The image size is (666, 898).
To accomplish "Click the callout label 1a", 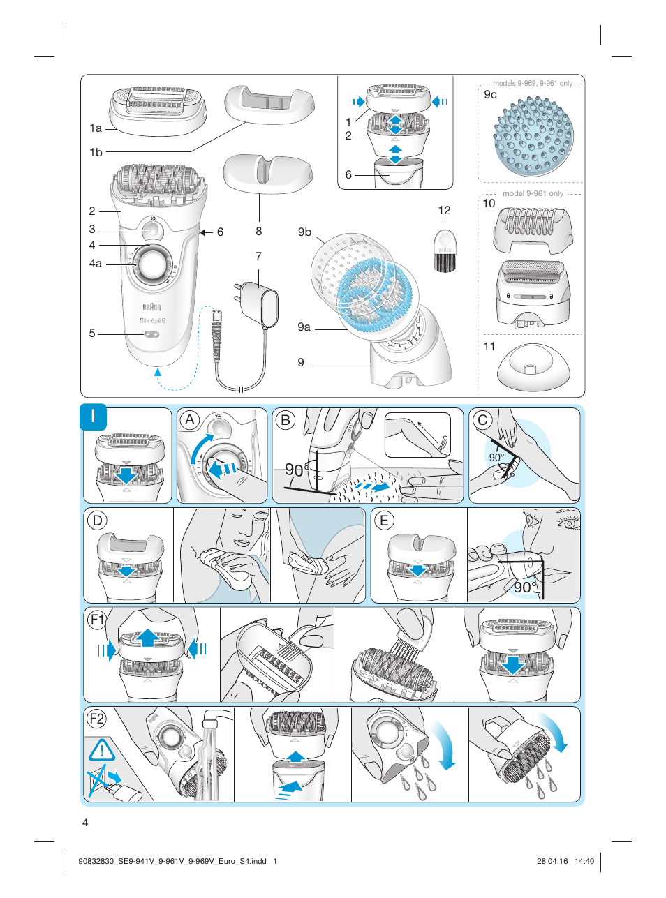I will click(x=96, y=128).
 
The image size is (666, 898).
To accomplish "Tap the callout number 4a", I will click(x=96, y=264).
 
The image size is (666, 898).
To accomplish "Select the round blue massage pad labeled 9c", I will click(x=533, y=137).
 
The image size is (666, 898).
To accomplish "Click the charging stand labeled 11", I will click(x=533, y=368).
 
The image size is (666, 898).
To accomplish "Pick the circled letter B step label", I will click(x=285, y=420).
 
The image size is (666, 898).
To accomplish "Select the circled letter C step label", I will click(x=482, y=420).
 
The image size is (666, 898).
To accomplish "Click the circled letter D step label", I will click(x=97, y=520).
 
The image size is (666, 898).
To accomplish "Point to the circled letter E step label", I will click(x=383, y=520).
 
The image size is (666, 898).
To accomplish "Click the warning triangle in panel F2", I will click(x=102, y=750).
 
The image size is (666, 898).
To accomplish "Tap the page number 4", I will click(x=85, y=822).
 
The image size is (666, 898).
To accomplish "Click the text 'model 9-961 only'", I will click(x=533, y=193).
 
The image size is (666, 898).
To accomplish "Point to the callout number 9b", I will click(x=304, y=232).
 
